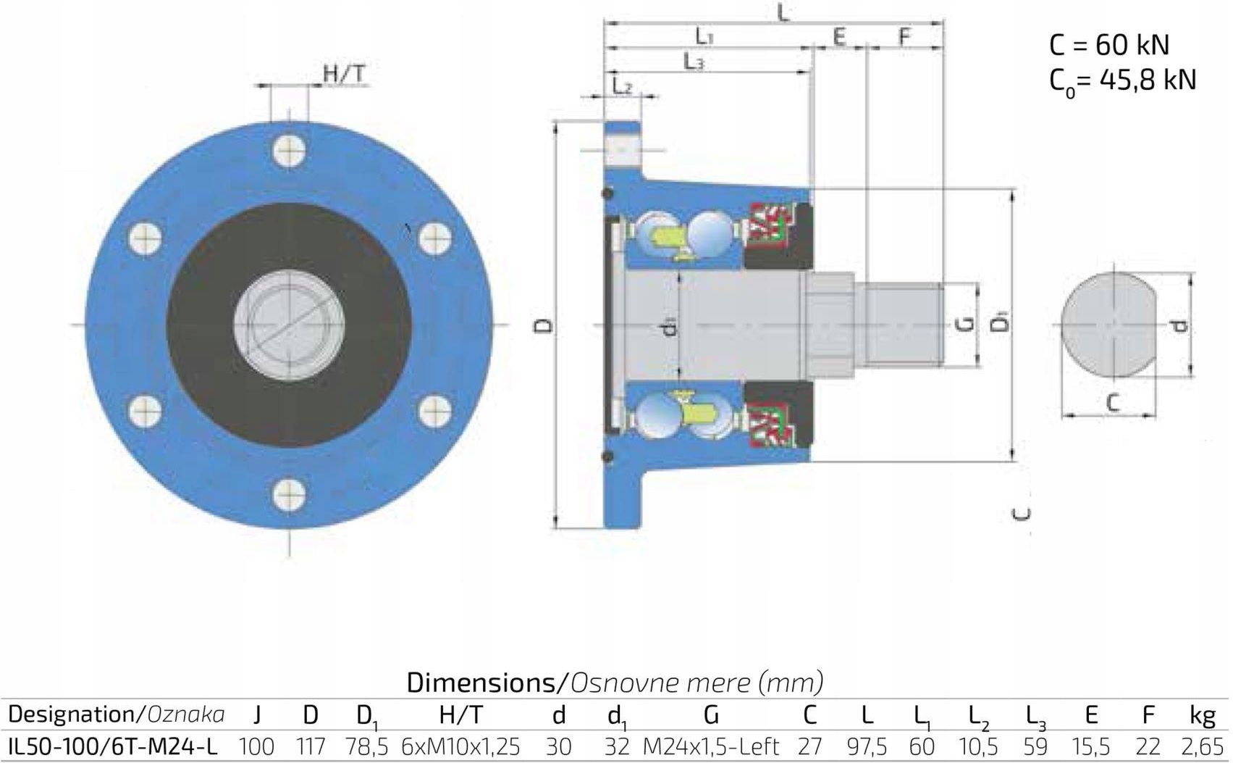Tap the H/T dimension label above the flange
point(344,74)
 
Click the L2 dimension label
point(623,86)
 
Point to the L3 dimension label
point(694,62)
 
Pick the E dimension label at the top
point(839,37)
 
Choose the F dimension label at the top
point(905,37)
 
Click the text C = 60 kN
point(1109,45)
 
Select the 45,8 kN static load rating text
point(1148,80)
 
